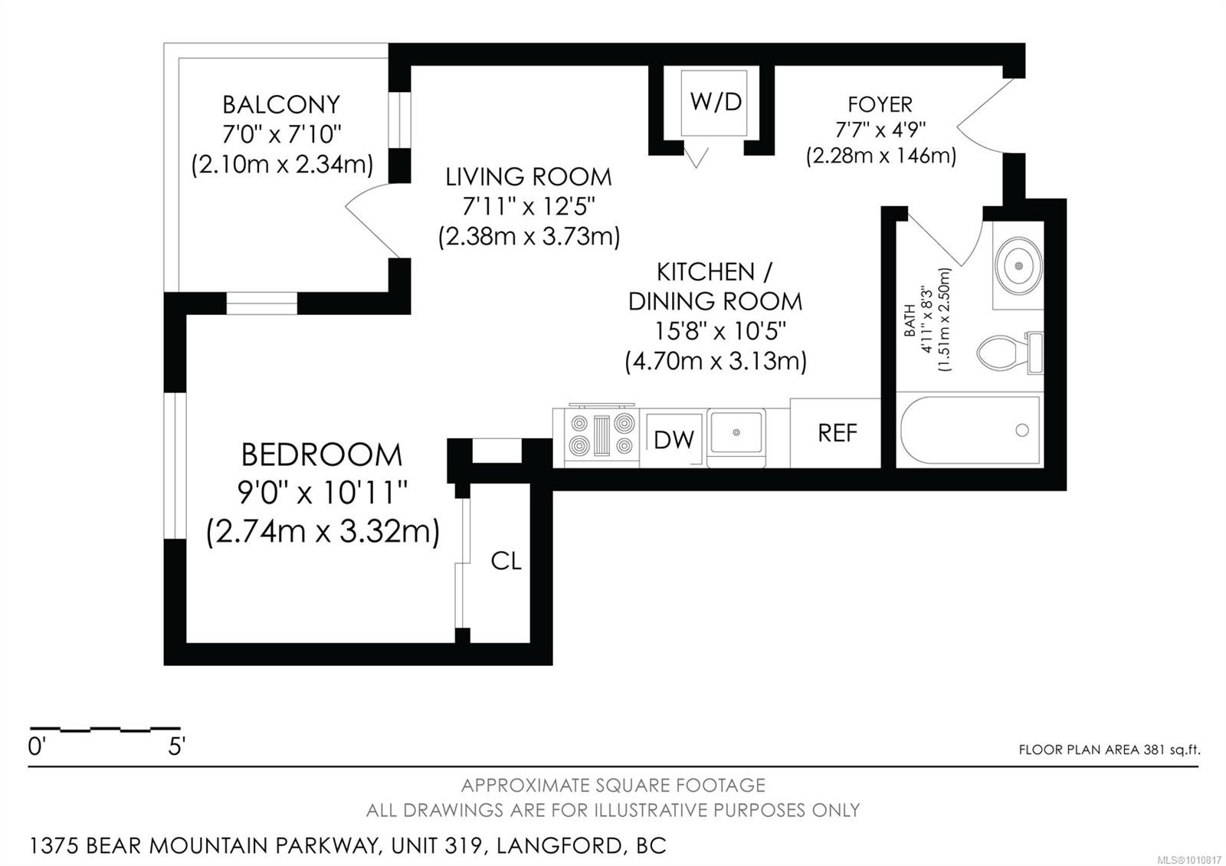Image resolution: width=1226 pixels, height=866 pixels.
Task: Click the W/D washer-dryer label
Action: click(716, 102)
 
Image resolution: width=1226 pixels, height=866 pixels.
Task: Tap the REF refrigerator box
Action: click(836, 433)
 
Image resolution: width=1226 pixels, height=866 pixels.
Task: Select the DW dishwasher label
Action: click(674, 440)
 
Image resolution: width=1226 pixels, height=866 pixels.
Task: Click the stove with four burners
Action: click(602, 435)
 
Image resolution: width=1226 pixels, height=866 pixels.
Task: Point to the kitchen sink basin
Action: click(736, 433)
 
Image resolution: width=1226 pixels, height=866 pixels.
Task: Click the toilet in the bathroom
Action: click(1010, 353)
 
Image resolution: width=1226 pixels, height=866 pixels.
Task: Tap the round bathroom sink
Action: click(1018, 266)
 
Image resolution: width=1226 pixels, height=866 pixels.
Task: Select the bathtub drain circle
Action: click(1022, 430)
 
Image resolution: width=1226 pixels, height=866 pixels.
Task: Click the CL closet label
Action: click(506, 560)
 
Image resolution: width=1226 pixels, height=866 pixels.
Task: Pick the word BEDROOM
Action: click(321, 455)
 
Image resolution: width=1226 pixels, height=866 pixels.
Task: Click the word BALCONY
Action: click(280, 104)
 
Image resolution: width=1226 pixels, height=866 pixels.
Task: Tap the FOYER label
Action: click(880, 104)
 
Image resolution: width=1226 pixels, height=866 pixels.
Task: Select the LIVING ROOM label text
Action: click(528, 177)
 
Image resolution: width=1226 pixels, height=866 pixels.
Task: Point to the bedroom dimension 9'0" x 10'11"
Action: click(323, 493)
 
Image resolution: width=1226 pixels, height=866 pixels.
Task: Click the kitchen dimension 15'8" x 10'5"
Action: click(720, 331)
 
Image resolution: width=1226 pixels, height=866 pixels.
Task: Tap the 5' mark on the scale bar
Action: click(176, 746)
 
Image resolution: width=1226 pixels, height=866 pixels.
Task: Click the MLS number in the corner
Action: click(1192, 860)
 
